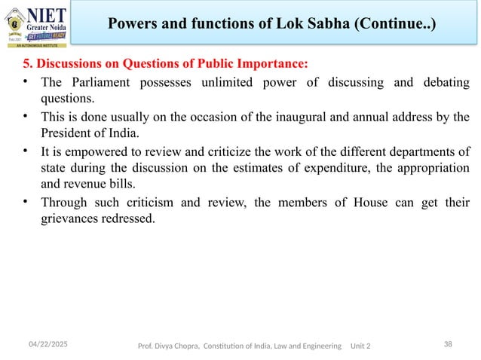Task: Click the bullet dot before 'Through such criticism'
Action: point(26,201)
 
